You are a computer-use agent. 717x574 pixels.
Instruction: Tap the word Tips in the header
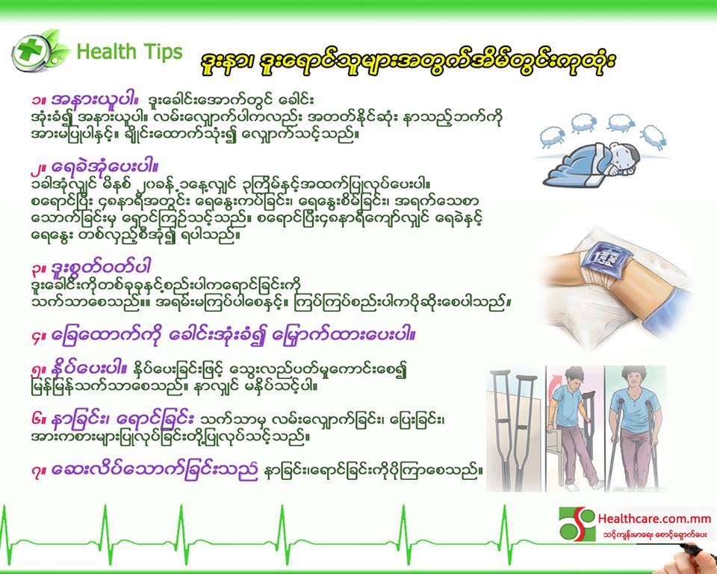click(163, 52)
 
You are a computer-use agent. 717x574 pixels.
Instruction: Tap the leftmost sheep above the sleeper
click(553, 137)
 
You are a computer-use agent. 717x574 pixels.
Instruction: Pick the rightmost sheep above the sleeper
click(654, 137)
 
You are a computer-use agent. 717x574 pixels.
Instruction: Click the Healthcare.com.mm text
click(654, 519)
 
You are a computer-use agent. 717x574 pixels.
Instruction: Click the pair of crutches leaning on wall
click(514, 430)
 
